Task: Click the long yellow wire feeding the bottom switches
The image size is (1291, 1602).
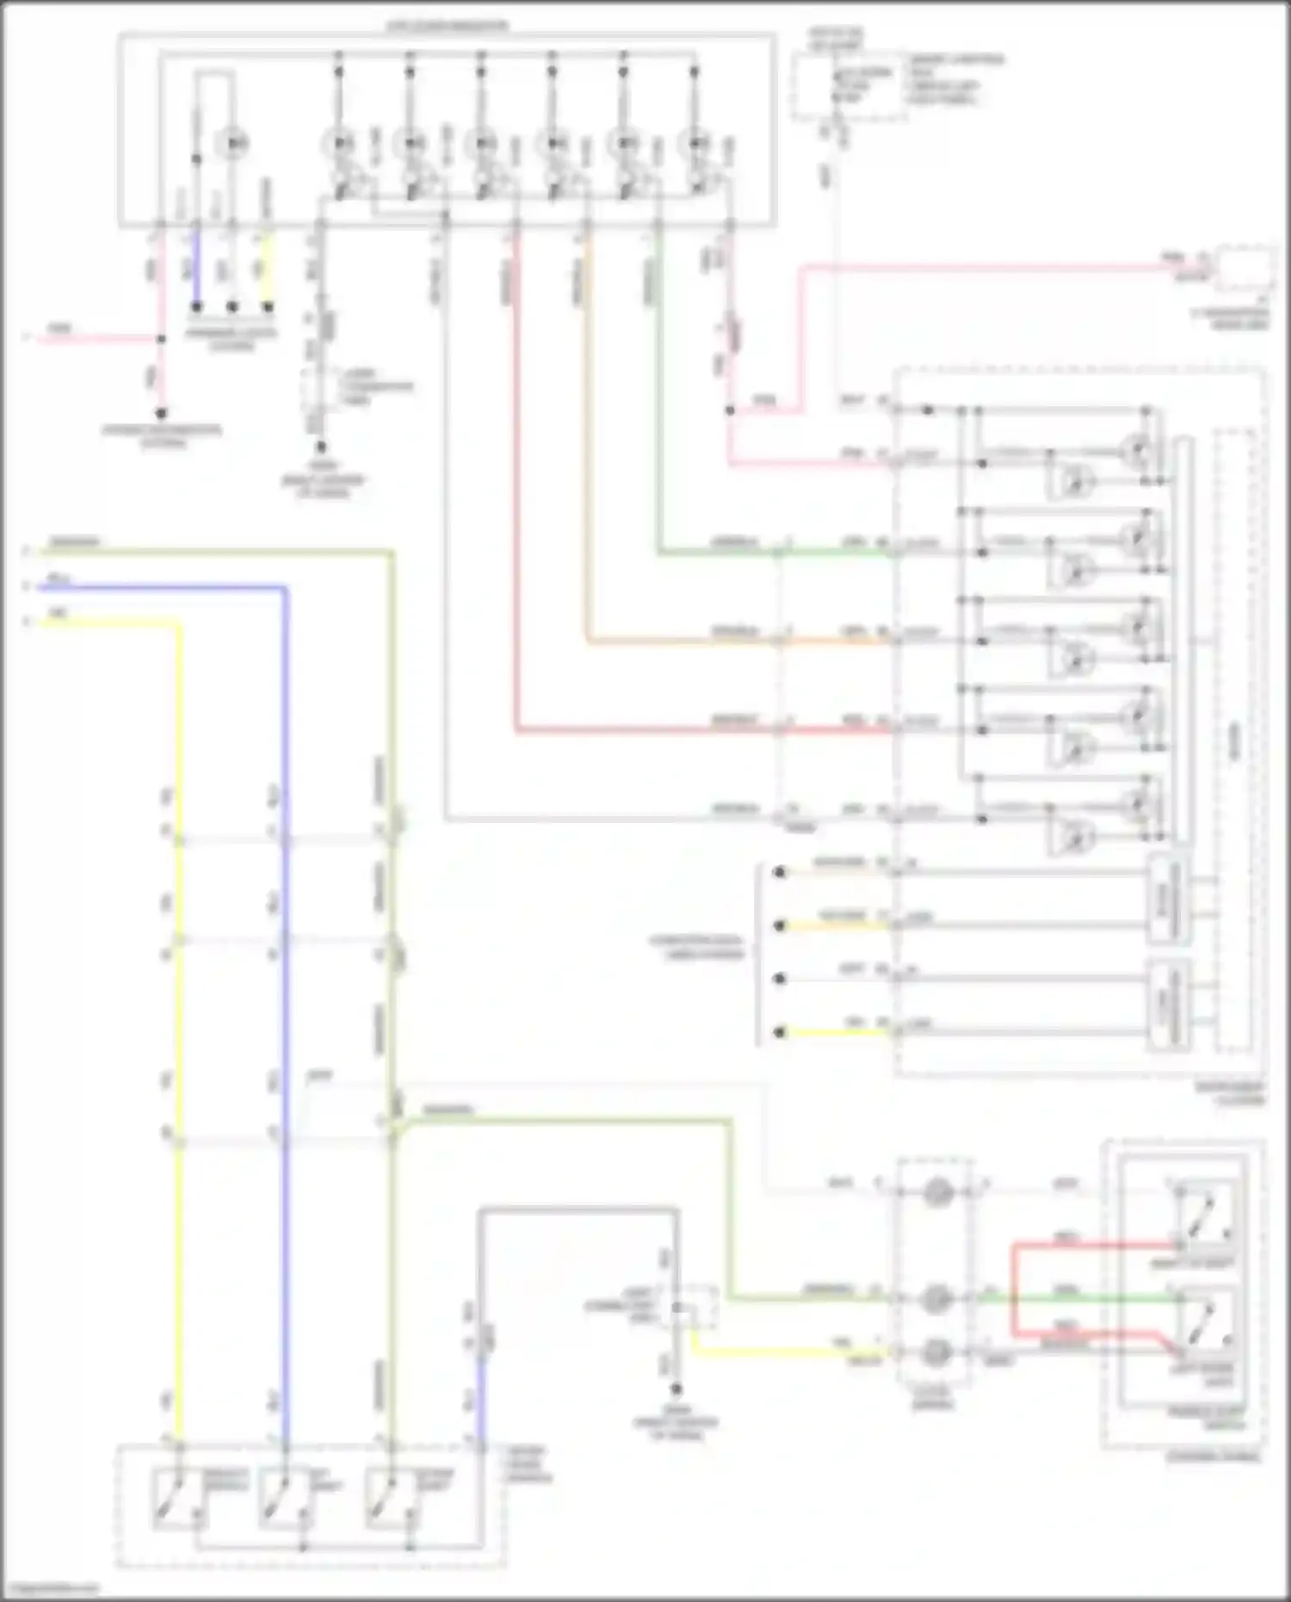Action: tap(179, 1033)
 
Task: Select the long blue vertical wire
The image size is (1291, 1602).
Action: tap(285, 1033)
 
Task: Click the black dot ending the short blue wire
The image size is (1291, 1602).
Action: tap(196, 306)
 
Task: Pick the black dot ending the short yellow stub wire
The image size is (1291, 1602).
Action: tap(268, 306)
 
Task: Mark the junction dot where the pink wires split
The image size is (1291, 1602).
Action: tap(161, 339)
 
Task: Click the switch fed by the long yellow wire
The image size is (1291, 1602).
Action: tap(176, 1499)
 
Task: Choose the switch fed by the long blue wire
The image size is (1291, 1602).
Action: tap(282, 1499)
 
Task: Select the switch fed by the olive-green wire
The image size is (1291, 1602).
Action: tap(388, 1499)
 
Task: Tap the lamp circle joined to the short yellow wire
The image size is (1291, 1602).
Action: tap(936, 1351)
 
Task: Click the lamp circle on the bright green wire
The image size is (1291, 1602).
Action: tap(936, 1298)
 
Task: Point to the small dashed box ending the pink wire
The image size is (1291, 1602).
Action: tap(1245, 269)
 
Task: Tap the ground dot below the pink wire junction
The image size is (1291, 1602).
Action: tap(161, 413)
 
